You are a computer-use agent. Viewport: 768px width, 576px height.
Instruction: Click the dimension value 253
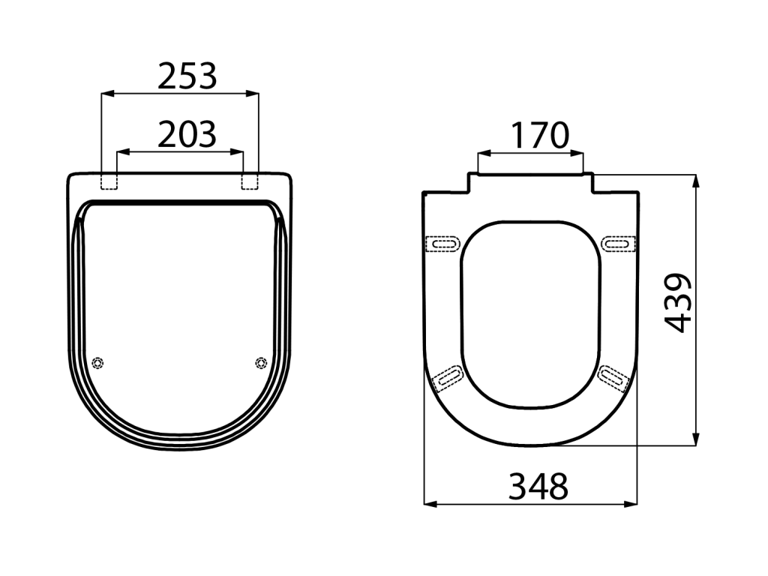click(187, 76)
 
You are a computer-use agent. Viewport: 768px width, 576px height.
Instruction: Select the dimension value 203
click(187, 135)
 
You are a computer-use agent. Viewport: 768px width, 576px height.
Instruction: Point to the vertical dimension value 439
click(678, 303)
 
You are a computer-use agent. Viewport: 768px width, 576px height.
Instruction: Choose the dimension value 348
click(538, 486)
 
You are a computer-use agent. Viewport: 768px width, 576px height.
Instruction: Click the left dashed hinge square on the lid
click(109, 181)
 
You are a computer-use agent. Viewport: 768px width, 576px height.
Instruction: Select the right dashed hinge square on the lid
click(250, 181)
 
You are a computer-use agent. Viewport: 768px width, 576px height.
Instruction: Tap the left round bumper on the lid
click(98, 362)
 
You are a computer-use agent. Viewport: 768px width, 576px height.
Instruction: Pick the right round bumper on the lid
click(261, 362)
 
